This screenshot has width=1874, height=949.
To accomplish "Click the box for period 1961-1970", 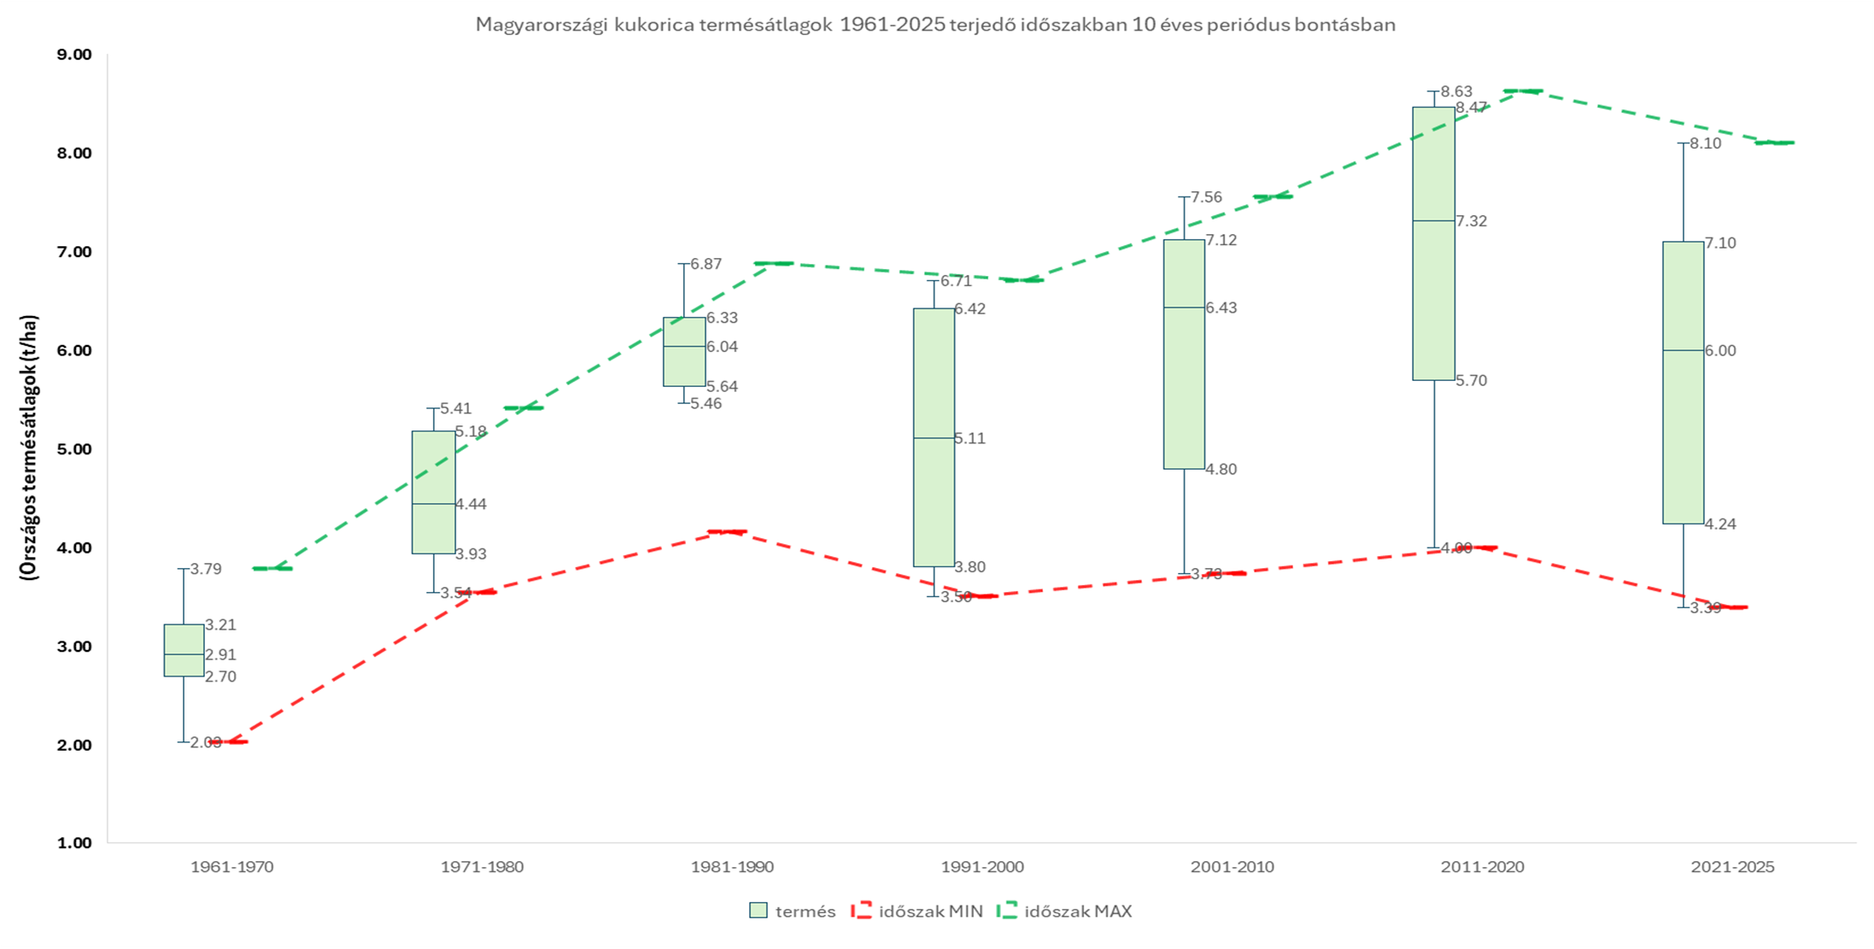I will (x=184, y=650).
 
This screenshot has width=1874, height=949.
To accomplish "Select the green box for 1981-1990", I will (x=684, y=351).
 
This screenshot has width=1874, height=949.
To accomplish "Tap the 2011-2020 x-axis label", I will (x=1482, y=867).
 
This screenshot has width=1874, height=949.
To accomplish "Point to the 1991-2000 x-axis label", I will (x=982, y=867).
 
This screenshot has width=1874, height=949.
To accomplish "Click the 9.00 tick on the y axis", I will (x=74, y=55).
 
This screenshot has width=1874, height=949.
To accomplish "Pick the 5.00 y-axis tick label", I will (x=74, y=449).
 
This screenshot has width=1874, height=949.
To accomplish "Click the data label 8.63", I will (x=1456, y=91).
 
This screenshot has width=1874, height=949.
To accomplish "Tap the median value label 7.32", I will (x=1471, y=221).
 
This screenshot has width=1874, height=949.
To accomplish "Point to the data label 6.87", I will (x=706, y=264).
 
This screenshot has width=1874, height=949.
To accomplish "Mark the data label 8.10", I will (x=1706, y=144).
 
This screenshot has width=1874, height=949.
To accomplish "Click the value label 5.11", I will (x=969, y=438).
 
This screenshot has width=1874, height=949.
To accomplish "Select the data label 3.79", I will (x=206, y=569).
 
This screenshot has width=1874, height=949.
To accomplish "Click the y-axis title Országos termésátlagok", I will (x=30, y=448).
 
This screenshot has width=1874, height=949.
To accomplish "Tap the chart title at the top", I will (x=935, y=25).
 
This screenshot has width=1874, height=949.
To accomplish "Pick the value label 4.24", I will (x=1720, y=524).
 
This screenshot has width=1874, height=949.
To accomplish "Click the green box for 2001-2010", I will (x=1184, y=354).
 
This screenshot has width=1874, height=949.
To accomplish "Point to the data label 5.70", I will (x=1471, y=381).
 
